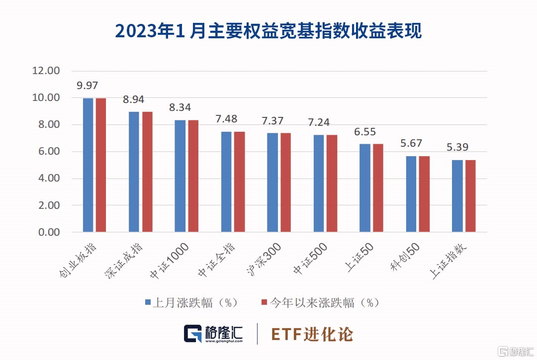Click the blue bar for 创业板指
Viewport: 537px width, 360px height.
click(x=88, y=165)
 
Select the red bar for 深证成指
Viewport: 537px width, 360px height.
click(x=147, y=172)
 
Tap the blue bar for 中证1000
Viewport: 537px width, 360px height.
click(x=180, y=176)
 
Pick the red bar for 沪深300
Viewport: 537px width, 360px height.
click(x=285, y=182)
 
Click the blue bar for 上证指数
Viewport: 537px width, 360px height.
click(x=457, y=196)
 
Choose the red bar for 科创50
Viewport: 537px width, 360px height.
click(x=424, y=194)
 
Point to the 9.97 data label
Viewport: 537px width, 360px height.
click(x=88, y=86)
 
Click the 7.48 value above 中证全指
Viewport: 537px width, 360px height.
click(x=226, y=119)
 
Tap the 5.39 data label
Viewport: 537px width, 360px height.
click(x=457, y=147)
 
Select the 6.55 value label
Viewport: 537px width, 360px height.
click(x=365, y=132)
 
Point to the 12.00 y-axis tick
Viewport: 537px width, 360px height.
click(x=46, y=71)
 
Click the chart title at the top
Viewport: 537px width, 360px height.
click(x=268, y=31)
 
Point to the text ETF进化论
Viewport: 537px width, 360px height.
click(x=312, y=334)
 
